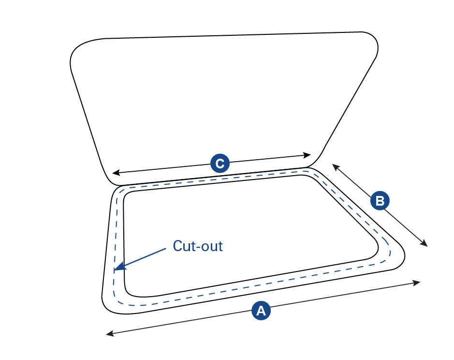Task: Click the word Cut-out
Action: click(x=198, y=246)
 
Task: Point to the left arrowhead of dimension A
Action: click(x=108, y=333)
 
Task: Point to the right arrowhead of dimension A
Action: click(x=418, y=282)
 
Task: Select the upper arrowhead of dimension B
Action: click(x=334, y=166)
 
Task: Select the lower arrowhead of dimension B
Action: click(x=425, y=245)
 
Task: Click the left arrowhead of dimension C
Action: click(x=115, y=173)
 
